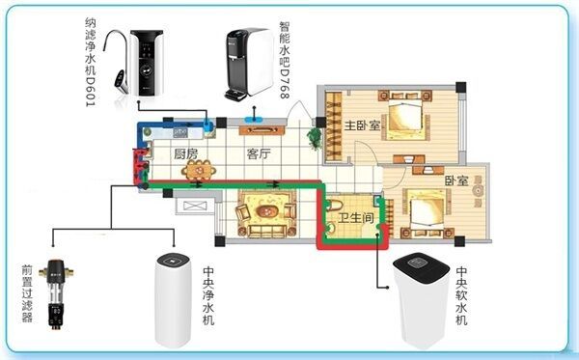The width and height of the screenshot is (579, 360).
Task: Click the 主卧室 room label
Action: coord(362,125)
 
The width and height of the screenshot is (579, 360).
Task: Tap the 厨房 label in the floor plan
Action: coord(186,153)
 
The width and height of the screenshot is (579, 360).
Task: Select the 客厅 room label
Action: coord(259,153)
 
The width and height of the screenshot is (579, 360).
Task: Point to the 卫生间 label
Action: coord(356,218)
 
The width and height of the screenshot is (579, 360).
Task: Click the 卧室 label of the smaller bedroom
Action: coord(456,180)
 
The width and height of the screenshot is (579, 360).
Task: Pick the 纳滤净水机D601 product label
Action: coord(91,62)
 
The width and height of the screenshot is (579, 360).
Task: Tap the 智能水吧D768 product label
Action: coord(285,60)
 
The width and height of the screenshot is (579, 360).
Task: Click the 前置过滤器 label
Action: coord(27,293)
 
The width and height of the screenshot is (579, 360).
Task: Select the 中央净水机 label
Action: coord(208,296)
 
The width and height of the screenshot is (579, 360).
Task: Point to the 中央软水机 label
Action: coord(461,296)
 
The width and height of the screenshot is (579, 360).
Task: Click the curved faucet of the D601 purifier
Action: coord(117,59)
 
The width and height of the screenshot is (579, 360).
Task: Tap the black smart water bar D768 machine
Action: coord(250,64)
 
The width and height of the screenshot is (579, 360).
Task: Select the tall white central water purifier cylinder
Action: coord(173,300)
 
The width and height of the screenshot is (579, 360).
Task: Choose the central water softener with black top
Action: coord(422,300)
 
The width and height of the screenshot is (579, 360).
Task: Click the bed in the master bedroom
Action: coord(405,114)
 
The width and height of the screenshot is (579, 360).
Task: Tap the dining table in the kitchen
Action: coord(199,171)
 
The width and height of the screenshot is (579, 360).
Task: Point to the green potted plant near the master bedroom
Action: coord(314,139)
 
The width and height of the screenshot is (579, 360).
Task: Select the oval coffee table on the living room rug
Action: coord(266,211)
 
